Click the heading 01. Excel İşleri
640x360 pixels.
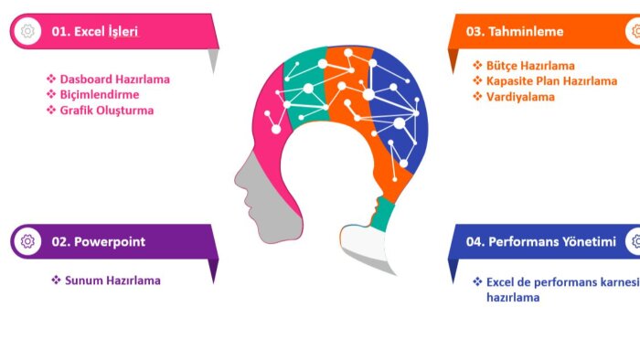[x=95, y=31]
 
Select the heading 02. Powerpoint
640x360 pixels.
[x=99, y=242]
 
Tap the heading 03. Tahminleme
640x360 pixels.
[x=515, y=31]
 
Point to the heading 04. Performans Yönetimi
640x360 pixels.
[x=541, y=242]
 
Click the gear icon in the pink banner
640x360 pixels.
[x=27, y=31]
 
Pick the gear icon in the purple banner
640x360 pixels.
[x=27, y=241]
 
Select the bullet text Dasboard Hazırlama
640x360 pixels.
[x=114, y=79]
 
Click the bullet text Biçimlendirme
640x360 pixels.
[x=100, y=95]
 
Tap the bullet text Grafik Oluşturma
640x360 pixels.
[x=107, y=111]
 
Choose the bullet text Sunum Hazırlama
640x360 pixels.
[x=112, y=281]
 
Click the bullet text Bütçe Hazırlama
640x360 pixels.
[x=530, y=66]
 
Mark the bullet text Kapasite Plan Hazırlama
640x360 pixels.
[x=551, y=81]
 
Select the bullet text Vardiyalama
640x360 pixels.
[x=520, y=97]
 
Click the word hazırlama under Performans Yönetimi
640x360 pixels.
[x=513, y=297]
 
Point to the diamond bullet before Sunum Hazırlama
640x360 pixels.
[x=56, y=281]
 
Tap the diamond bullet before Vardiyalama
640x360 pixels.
[x=477, y=96]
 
